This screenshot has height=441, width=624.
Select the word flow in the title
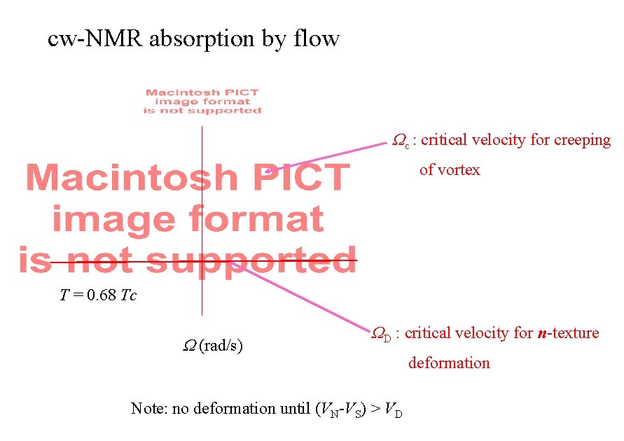(316, 38)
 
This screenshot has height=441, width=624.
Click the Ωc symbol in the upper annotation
(400, 141)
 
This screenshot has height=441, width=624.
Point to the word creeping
(582, 141)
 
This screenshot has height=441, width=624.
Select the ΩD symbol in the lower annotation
(381, 334)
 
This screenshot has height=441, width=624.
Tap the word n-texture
(568, 333)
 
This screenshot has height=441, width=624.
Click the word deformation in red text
(449, 363)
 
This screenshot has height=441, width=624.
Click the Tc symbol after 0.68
(128, 295)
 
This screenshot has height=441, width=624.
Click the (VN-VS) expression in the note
(343, 409)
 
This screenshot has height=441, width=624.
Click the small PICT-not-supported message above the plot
(202, 101)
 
